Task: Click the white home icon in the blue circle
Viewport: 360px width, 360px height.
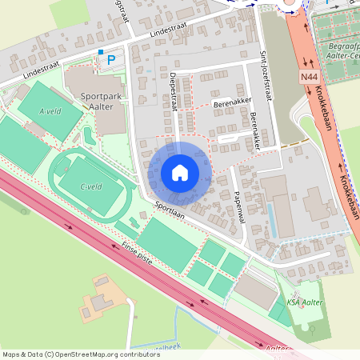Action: point(180,172)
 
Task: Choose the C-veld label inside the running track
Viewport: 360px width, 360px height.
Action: point(90,186)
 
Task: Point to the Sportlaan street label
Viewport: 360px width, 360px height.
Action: point(170,210)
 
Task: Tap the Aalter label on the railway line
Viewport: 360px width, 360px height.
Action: point(276,349)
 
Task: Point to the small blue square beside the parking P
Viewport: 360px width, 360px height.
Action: point(100,52)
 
